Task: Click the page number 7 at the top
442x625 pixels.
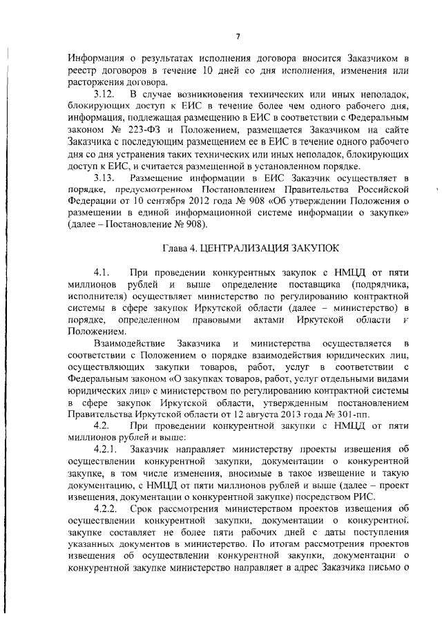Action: click(x=236, y=37)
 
